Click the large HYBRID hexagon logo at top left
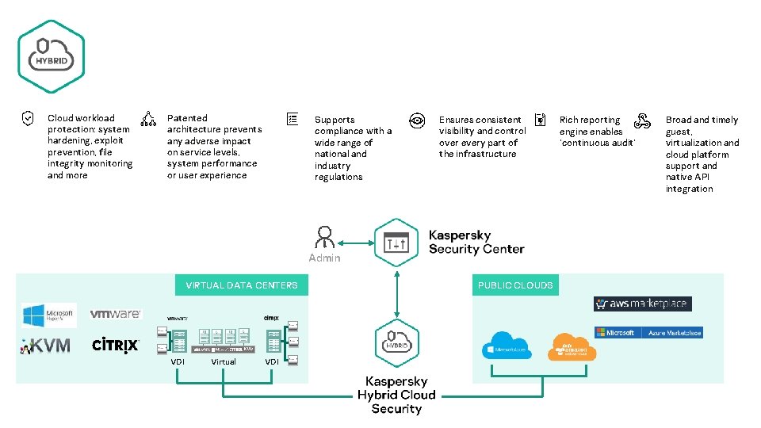(51, 56)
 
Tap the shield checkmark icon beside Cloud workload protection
(27, 119)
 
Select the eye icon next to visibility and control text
(416, 120)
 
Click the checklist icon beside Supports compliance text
(292, 119)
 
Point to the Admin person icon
(323, 238)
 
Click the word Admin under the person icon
(324, 258)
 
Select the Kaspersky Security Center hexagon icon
(396, 241)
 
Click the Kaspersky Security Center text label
(476, 242)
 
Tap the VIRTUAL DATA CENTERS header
(242, 285)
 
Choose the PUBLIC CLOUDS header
(515, 285)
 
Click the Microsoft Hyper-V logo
(49, 315)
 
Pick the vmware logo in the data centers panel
(116, 314)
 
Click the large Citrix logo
(116, 345)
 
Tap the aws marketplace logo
(642, 304)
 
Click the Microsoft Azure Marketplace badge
(648, 333)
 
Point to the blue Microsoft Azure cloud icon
(509, 346)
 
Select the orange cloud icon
(572, 346)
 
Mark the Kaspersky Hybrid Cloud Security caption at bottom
(396, 395)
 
